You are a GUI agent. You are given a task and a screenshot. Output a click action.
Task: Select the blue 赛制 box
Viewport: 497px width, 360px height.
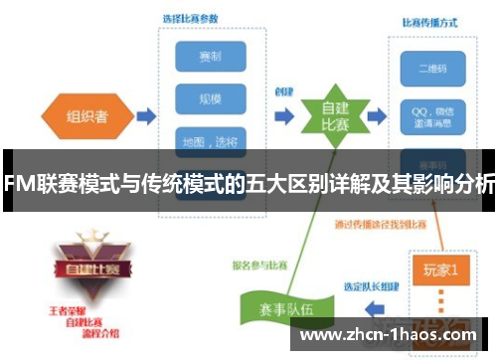(210, 56)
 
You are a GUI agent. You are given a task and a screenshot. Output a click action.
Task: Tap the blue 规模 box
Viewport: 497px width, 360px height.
(210, 99)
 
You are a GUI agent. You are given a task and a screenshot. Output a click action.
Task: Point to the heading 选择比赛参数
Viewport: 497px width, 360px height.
(192, 17)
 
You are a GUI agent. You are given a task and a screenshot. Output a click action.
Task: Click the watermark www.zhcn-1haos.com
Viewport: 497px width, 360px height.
(393, 333)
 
